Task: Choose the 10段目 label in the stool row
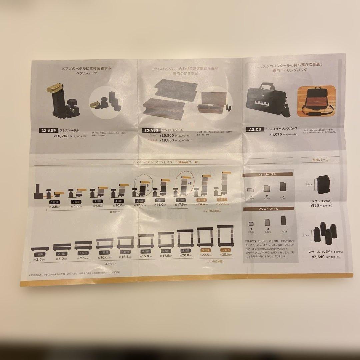[225, 250]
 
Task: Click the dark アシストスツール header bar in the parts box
[269, 209]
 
